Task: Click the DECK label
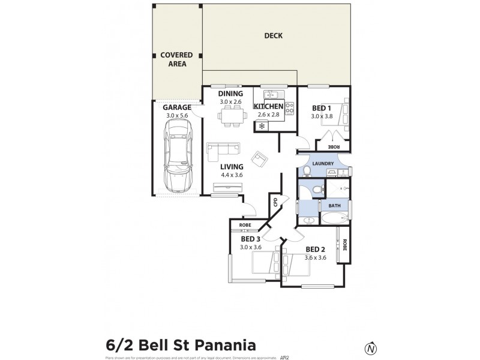pyautogui.click(x=274, y=36)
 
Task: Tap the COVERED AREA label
pyautogui.click(x=176, y=59)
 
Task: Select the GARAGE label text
pyautogui.click(x=177, y=107)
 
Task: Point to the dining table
pyautogui.click(x=230, y=116)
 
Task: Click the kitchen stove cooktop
pyautogui.click(x=289, y=109)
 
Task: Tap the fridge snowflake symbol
pyautogui.click(x=262, y=126)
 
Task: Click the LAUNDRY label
pyautogui.click(x=323, y=163)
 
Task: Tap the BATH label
pyautogui.click(x=334, y=206)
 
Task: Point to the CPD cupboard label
pyautogui.click(x=275, y=202)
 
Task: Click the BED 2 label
pyautogui.click(x=315, y=250)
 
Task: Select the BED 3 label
pyautogui.click(x=250, y=239)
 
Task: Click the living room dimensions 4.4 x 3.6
pyautogui.click(x=231, y=175)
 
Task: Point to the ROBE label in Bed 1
pyautogui.click(x=334, y=147)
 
